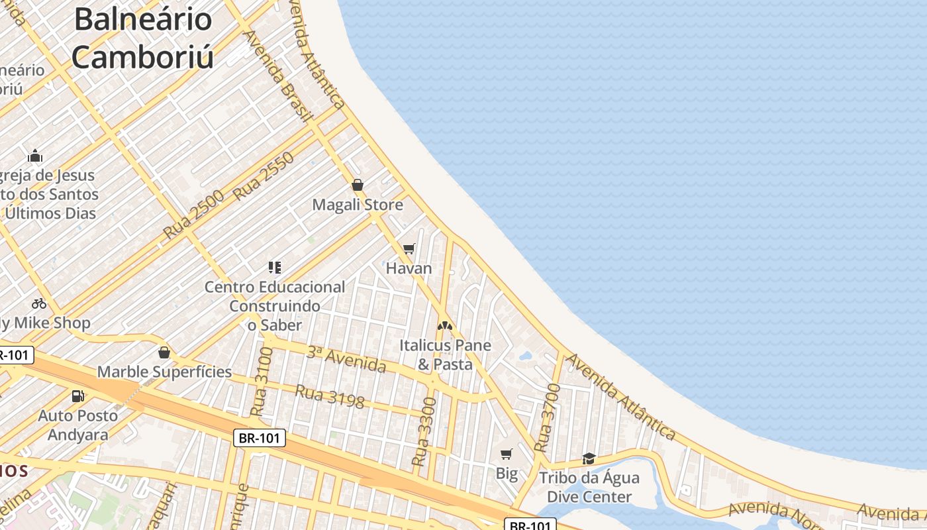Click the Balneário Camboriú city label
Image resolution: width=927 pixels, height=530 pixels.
142,38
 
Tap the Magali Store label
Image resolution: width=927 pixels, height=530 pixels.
358,205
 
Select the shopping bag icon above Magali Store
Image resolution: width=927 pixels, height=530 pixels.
358,185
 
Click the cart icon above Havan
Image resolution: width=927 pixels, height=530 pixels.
409,249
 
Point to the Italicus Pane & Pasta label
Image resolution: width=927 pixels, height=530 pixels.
445,355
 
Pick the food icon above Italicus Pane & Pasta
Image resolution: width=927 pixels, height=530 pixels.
444,326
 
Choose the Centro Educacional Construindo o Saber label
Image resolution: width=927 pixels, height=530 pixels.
275,306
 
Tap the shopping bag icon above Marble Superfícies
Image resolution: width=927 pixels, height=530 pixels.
164,352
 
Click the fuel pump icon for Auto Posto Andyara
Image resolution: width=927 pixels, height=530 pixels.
78,396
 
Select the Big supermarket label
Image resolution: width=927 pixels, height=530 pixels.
507,474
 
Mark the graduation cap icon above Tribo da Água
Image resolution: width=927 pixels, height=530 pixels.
589,458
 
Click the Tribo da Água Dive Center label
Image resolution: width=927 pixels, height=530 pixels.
589,488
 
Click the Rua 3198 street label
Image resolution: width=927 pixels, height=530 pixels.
329,396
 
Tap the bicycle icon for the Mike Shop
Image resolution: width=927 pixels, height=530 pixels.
39,303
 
